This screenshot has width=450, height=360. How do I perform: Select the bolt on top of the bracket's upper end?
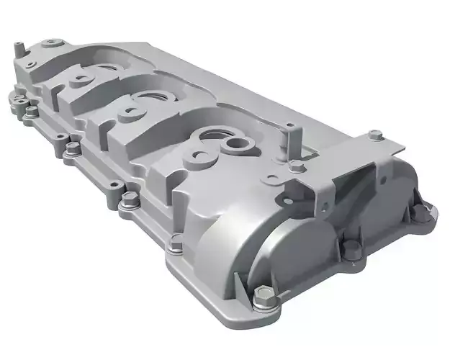374,135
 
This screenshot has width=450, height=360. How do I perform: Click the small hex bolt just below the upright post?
295,167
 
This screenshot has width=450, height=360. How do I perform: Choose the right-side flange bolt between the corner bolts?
353,250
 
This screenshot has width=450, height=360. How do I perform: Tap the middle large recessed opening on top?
154,96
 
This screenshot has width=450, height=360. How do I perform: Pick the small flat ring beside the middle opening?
131,109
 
